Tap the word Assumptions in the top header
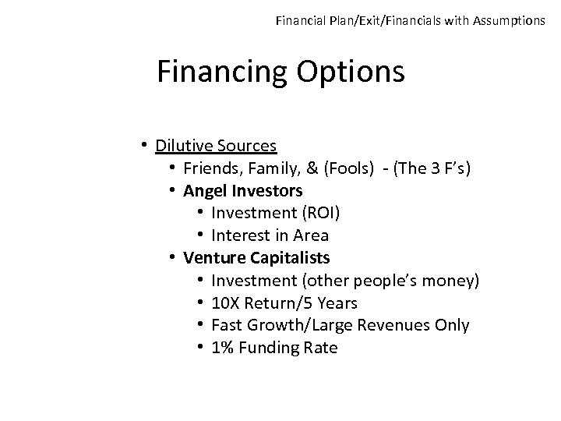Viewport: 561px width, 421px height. point(507,21)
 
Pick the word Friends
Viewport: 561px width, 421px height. point(211,168)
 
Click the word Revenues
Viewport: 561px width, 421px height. point(382,325)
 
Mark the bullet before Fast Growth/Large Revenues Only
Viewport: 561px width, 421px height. point(201,325)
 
